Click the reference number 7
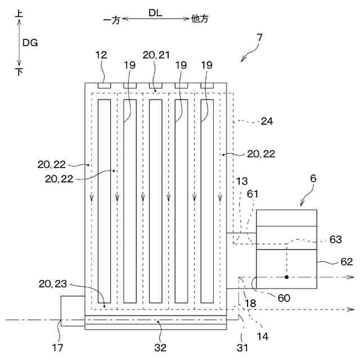259,38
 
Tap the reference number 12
101,55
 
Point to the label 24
267,120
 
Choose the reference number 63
335,240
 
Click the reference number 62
346,262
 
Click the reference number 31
242,348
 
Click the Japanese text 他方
200,19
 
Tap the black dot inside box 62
286,277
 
